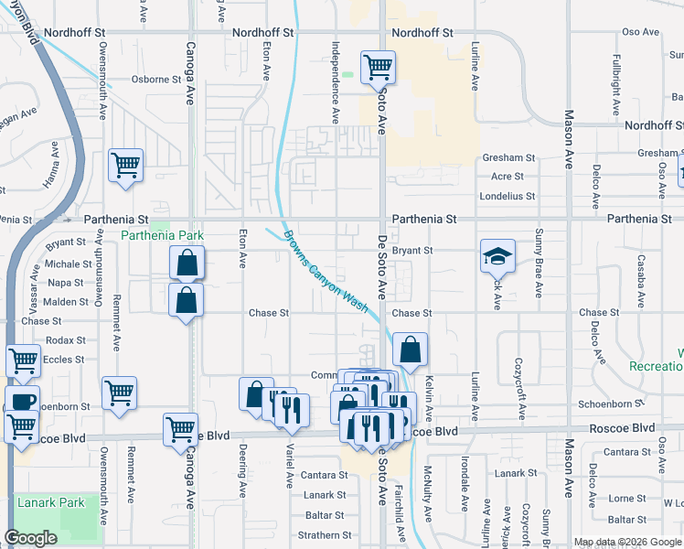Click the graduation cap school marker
497,255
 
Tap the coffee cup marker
22,401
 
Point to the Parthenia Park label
162,235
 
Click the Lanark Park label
50,502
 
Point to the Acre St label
507,176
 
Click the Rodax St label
65,339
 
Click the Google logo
31,538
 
